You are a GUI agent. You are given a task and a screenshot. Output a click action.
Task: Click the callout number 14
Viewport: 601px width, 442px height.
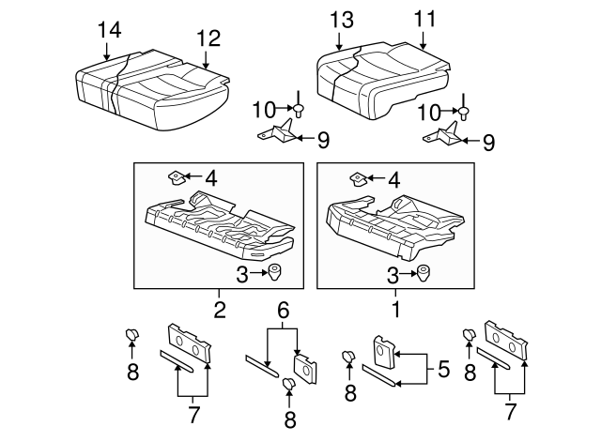coord(110,30)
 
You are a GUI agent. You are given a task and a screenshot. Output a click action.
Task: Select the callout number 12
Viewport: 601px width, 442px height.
coord(208,38)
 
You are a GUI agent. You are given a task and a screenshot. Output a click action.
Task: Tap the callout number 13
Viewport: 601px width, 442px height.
coord(342,20)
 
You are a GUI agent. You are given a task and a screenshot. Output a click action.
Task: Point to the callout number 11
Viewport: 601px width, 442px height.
coord(425,19)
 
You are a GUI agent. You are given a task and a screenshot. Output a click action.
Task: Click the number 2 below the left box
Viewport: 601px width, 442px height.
coord(220,310)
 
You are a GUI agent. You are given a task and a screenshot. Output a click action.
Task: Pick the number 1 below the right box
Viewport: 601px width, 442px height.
coord(396,309)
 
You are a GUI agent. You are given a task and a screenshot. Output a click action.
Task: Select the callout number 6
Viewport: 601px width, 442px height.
coord(283,311)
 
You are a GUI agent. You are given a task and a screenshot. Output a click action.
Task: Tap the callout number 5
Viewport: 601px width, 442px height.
coord(443,369)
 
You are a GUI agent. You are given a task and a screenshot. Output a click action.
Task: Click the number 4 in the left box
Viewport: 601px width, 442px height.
coord(211,178)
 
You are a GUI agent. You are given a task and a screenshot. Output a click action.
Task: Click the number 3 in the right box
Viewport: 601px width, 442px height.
coord(393,275)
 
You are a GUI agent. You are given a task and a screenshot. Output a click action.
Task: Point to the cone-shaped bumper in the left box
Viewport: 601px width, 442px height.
coord(275,272)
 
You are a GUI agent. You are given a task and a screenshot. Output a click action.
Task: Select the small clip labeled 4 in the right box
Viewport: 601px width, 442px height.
coord(359,179)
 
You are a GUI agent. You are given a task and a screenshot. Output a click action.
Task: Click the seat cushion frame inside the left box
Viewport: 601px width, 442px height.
coord(220,226)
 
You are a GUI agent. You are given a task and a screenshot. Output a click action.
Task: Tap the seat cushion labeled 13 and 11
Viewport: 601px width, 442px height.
coord(383,80)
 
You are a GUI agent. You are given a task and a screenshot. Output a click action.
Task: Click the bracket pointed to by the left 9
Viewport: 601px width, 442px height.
coord(277,132)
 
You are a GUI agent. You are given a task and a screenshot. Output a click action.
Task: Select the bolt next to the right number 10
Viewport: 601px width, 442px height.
coord(464,107)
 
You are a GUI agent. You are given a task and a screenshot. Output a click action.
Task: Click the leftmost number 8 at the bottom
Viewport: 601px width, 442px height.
coord(132,372)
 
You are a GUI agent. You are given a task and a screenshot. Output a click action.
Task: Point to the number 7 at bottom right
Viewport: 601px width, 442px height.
coord(509,412)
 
